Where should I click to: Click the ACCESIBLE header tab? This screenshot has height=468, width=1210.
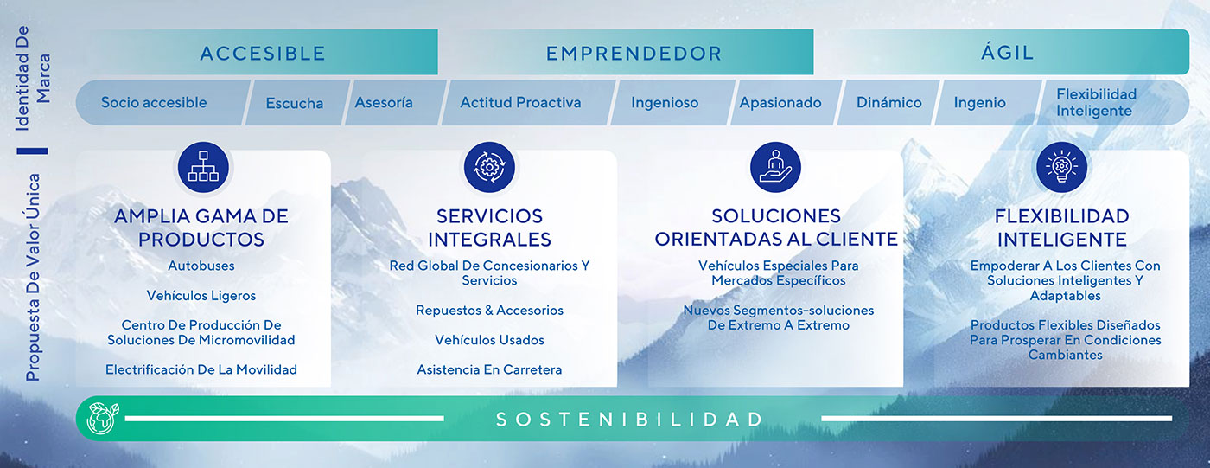(x=263, y=53)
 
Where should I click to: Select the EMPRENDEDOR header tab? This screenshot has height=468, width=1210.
(x=634, y=53)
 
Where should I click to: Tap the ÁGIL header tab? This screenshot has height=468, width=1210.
(x=1007, y=52)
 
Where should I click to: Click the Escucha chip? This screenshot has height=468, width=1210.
(x=295, y=103)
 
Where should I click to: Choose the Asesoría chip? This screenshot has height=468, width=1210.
(x=384, y=102)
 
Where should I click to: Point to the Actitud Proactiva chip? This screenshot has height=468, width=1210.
(x=520, y=102)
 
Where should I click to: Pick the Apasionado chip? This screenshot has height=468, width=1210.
(x=780, y=102)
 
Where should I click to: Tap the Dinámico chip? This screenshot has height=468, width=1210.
(x=888, y=102)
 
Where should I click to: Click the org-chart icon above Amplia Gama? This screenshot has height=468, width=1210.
(x=203, y=166)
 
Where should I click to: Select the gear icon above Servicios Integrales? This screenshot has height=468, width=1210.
(x=489, y=166)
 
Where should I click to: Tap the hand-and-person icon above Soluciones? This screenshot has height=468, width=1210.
(x=775, y=166)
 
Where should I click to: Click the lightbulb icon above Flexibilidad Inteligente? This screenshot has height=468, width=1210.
(x=1061, y=166)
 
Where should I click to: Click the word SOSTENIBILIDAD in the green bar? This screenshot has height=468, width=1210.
(x=630, y=420)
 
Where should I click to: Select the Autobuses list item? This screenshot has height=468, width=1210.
(x=201, y=266)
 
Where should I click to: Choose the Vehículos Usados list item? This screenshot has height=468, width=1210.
(x=489, y=340)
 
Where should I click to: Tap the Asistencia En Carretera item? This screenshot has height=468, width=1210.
(x=489, y=369)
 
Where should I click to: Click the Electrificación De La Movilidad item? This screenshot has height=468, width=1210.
(x=201, y=369)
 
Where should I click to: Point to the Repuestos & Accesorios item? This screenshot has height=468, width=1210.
(x=489, y=310)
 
